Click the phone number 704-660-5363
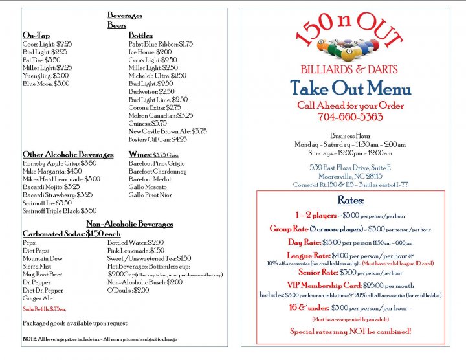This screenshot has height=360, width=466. tap(350, 117)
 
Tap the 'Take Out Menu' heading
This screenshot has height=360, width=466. tap(350, 89)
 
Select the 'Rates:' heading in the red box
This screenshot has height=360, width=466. tap(350, 201)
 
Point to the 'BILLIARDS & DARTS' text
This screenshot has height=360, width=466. tap(349, 69)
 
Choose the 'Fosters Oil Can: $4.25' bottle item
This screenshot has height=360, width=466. tap(158, 139)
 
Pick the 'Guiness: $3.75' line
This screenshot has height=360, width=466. tap(148, 123)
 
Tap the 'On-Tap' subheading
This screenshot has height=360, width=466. tap(36, 35)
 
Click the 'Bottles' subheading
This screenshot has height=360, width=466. tap(140, 35)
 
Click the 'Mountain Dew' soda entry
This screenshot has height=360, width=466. tap(43, 258)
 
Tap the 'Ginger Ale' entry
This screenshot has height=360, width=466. tap(38, 298)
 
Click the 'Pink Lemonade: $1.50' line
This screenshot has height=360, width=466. tap(136, 250)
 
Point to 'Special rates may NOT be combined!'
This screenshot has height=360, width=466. tap(350, 332)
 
